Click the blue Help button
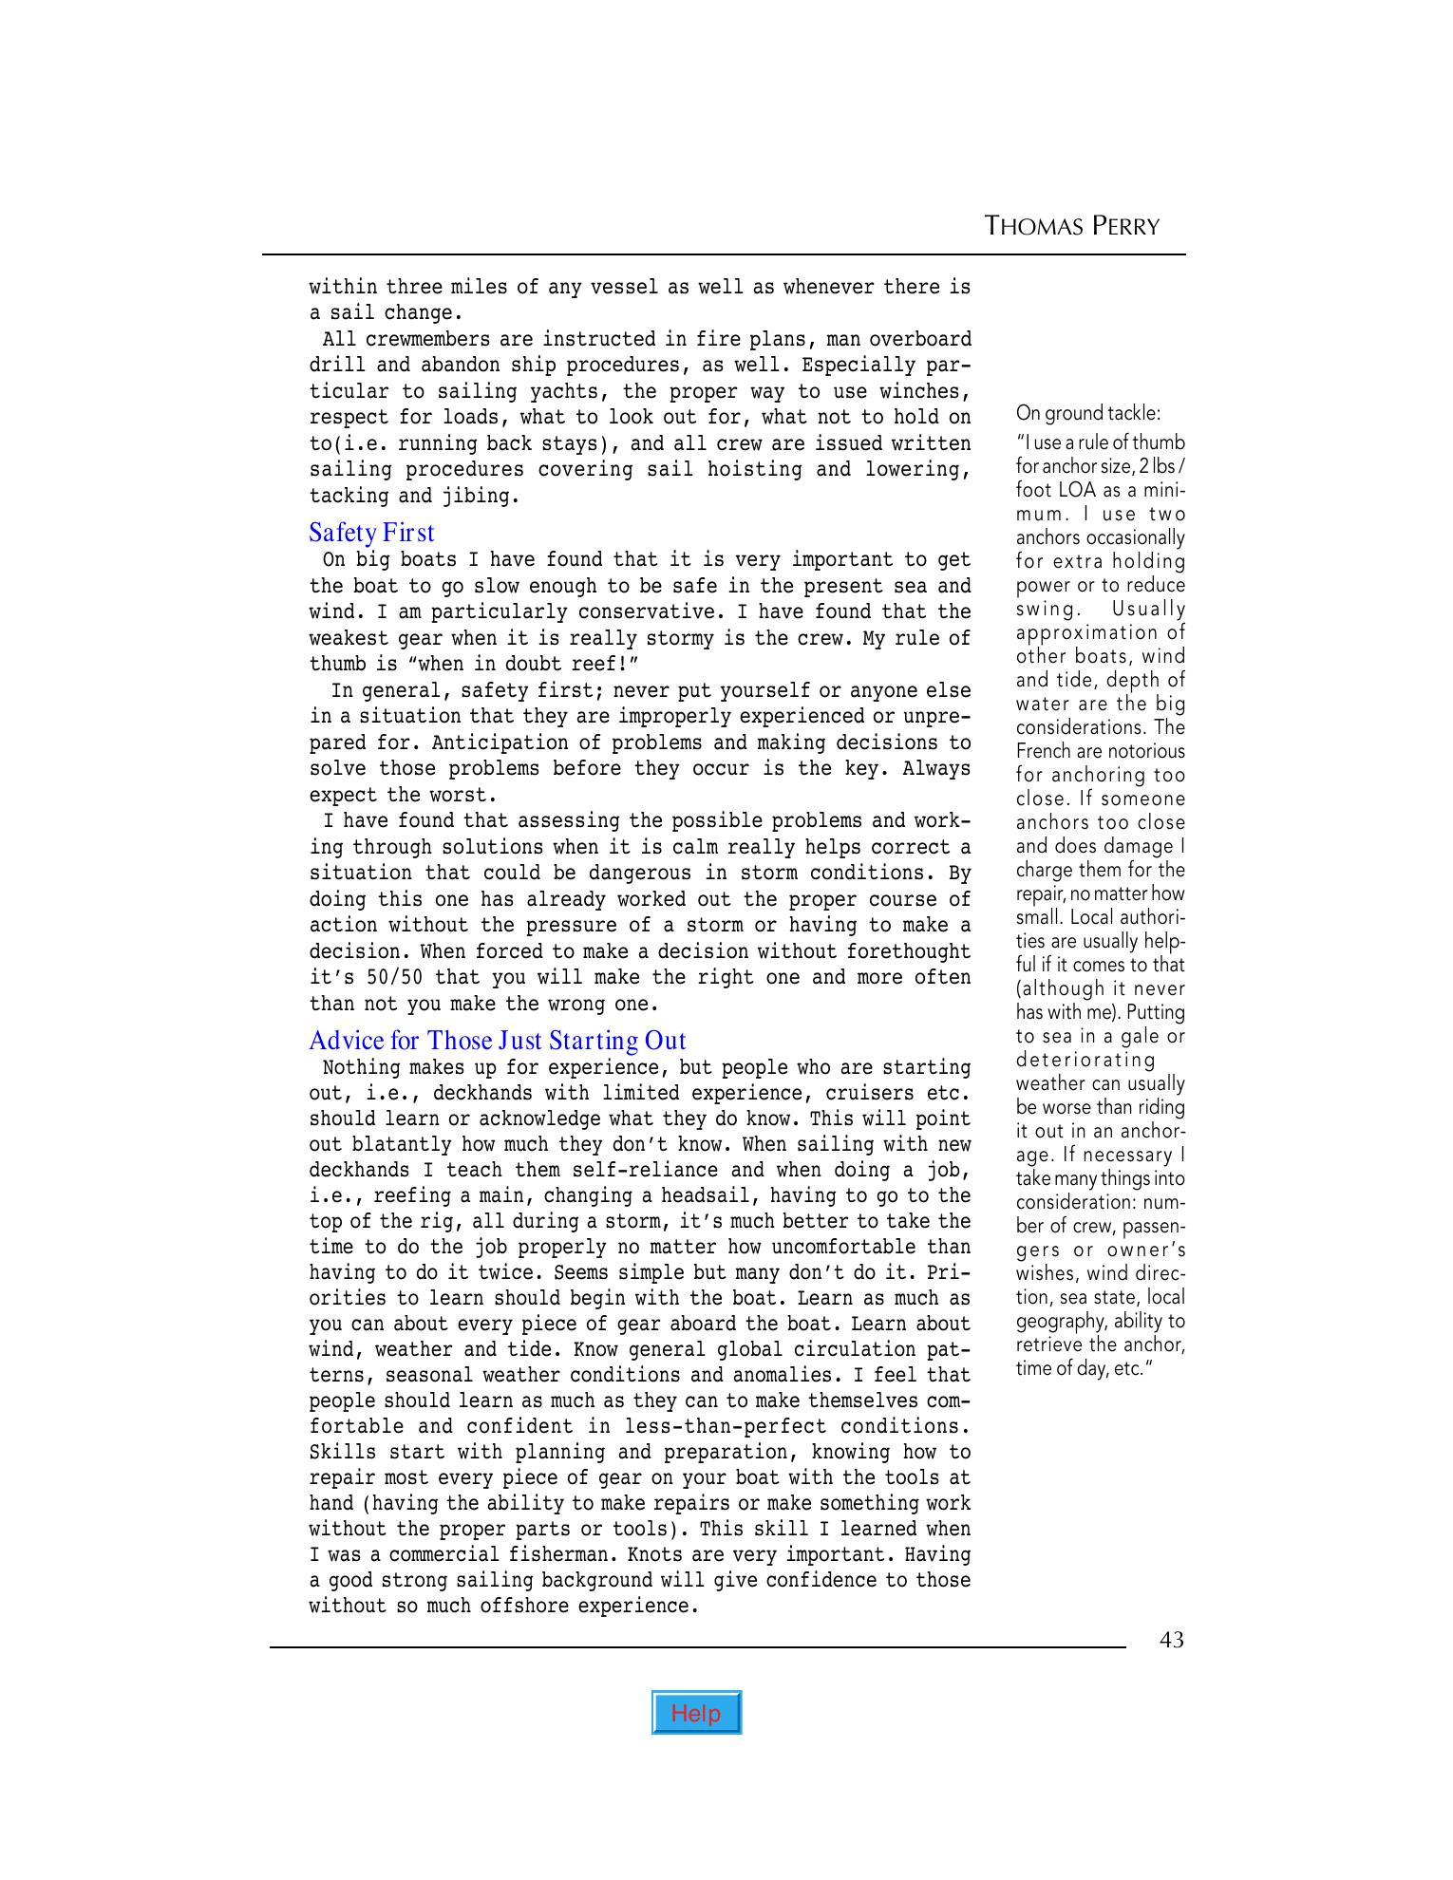pyautogui.click(x=696, y=1712)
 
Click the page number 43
pyautogui.click(x=1172, y=1640)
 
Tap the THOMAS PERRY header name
pyautogui.click(x=1072, y=226)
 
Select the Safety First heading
pyautogui.click(x=371, y=533)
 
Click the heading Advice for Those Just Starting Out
pyautogui.click(x=497, y=1041)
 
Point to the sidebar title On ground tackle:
pyautogui.click(x=1087, y=413)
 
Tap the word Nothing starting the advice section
pyautogui.click(x=362, y=1068)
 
